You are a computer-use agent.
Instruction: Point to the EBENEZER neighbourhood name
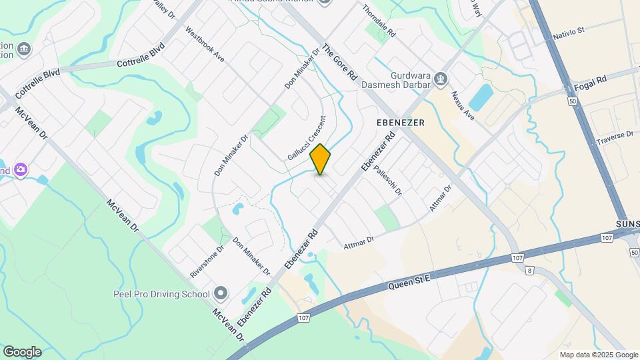401,123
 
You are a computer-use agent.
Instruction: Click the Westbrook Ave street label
205,45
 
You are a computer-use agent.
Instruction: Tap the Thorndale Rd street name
379,21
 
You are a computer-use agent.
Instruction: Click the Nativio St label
569,31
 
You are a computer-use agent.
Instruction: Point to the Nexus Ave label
462,105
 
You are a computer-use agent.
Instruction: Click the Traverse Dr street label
614,138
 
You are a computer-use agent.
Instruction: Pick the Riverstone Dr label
207,260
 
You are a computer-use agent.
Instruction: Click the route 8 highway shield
530,271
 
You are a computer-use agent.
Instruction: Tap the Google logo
22,352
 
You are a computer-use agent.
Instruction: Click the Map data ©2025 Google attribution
598,355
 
